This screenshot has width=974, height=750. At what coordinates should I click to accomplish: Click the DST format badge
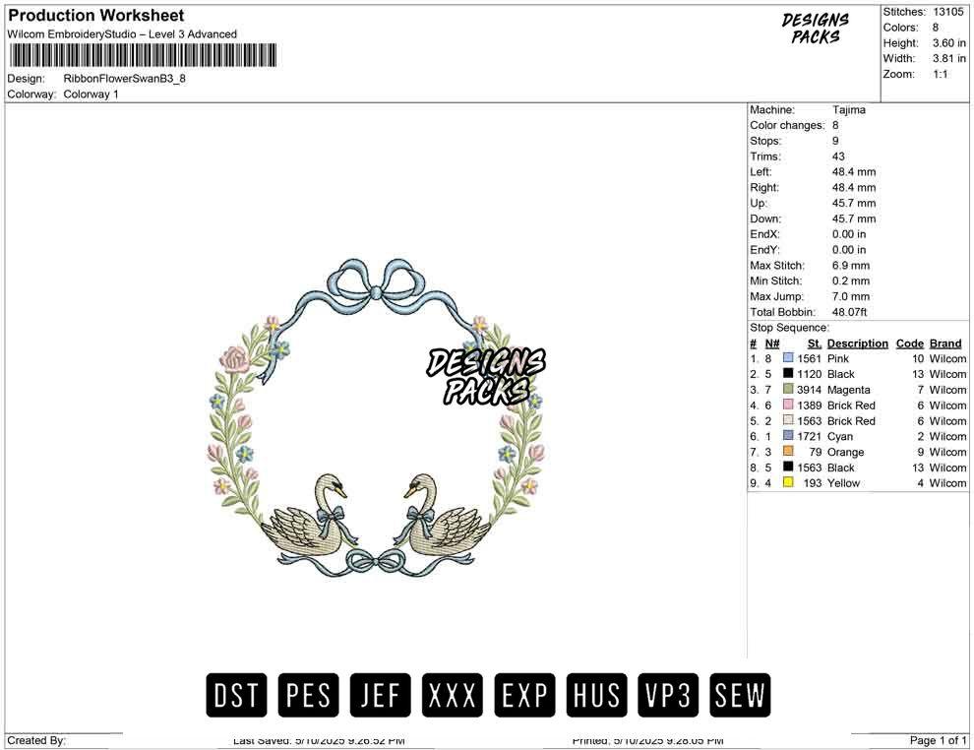pyautogui.click(x=237, y=696)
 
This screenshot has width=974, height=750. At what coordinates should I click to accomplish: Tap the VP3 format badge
pyautogui.click(x=668, y=696)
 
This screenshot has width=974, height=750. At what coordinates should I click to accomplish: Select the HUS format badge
pyautogui.click(x=596, y=696)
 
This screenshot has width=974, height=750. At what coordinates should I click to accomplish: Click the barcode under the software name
pyautogui.click(x=143, y=55)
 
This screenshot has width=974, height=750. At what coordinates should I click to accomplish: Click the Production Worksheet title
pyautogui.click(x=96, y=16)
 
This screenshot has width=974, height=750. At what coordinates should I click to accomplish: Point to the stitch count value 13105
pyautogui.click(x=949, y=12)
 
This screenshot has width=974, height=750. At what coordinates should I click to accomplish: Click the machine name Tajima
pyautogui.click(x=848, y=110)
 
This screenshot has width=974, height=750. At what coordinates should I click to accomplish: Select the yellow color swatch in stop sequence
pyautogui.click(x=788, y=483)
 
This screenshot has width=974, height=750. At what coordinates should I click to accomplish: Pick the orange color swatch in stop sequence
pyautogui.click(x=788, y=452)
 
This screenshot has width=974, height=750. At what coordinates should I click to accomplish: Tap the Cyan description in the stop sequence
pyautogui.click(x=840, y=436)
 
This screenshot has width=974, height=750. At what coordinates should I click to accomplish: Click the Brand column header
pyautogui.click(x=945, y=344)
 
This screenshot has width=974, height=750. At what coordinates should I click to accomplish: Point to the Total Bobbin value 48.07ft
pyautogui.click(x=853, y=312)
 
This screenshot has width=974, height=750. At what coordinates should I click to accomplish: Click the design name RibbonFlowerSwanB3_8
pyautogui.click(x=124, y=79)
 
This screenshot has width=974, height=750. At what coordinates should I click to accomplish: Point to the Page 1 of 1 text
pyautogui.click(x=939, y=740)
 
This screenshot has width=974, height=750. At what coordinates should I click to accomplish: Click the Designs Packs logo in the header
pyautogui.click(x=816, y=29)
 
